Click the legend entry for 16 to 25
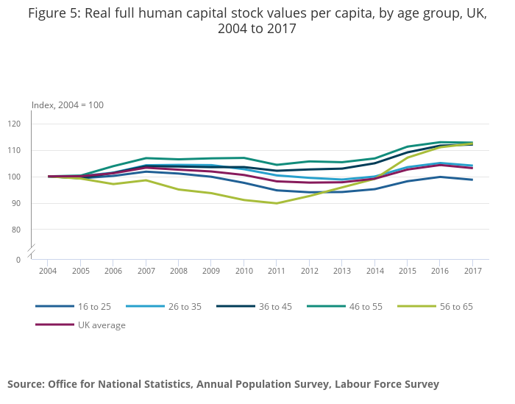coord(93,306)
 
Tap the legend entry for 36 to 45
coord(275,306)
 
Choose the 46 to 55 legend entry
coord(366,306)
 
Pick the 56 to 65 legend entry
coord(456,306)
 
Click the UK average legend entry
coord(102,325)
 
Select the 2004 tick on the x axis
coord(49,271)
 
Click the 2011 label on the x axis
coord(276,271)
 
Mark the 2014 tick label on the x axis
coord(374,271)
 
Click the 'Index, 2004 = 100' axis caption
coord(68,104)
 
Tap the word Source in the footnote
coord(25,383)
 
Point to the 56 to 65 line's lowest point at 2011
coord(276,203)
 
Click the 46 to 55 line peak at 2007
coord(146,158)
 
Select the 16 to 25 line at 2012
coord(308,192)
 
